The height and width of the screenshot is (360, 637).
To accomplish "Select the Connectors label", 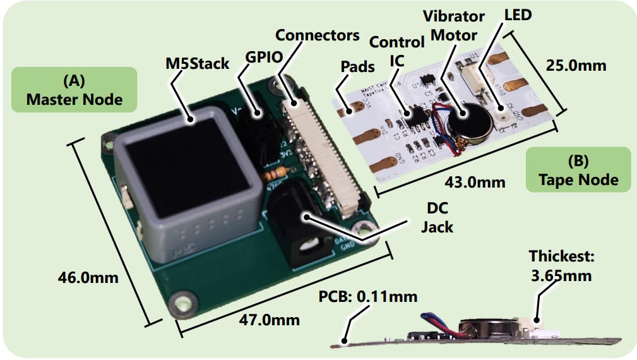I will click(x=318, y=35).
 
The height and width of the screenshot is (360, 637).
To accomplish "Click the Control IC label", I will click(x=396, y=51).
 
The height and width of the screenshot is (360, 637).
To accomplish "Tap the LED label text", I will click(x=518, y=15).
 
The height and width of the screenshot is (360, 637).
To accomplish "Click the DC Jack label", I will click(x=437, y=217).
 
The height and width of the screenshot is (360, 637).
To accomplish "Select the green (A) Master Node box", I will click(x=74, y=90).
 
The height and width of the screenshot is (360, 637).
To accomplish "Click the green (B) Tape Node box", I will click(x=578, y=170).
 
